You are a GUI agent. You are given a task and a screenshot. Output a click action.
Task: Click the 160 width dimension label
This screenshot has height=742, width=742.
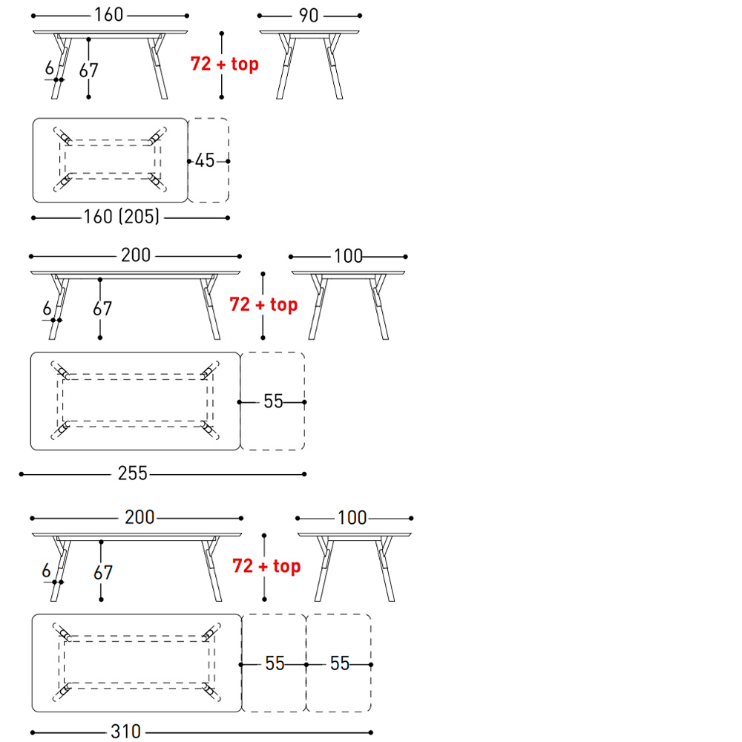coord(109,15)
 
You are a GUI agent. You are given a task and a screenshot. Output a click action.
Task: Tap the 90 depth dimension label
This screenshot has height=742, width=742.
coord(309,16)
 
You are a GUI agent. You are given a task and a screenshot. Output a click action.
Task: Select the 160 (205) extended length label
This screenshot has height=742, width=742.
coord(122,217)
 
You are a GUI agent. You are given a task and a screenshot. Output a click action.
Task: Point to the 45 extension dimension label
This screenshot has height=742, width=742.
coord(205,160)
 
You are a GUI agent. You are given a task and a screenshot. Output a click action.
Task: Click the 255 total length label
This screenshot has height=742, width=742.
coord(133,473)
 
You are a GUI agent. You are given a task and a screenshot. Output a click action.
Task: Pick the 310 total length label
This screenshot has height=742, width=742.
coord(126,732)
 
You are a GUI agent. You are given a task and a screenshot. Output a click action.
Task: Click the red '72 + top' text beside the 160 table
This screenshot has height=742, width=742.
coord(225,64)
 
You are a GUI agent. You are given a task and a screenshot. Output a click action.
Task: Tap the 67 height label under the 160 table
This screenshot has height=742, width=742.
coord(88,70)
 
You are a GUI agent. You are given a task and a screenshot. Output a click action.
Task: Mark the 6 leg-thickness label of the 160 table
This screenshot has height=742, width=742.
coord(49,68)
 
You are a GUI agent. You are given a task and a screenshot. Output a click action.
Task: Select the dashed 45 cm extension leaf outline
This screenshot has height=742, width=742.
coord(229,160)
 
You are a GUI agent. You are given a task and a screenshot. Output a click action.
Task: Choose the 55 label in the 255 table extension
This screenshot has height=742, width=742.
coord(273,401)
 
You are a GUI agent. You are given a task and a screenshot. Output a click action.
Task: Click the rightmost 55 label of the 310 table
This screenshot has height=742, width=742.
coord(340,663)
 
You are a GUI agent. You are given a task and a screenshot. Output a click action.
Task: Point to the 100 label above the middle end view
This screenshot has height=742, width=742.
coord(348,256)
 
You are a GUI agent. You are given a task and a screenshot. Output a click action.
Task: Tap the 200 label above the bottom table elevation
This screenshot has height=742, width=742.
coord(139,517)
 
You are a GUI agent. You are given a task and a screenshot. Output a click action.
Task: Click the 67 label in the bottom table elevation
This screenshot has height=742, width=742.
coord(102,573)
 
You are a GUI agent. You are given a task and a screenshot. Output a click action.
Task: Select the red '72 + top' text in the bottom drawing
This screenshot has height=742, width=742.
coord(266,566)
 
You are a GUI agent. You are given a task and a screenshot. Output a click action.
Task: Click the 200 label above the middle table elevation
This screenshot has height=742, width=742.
coord(136,255)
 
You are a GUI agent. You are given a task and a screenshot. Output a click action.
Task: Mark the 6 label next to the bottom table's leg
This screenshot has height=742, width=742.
coord(46,570)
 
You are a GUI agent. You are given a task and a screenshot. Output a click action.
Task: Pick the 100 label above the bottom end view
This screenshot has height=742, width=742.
coord(352,518)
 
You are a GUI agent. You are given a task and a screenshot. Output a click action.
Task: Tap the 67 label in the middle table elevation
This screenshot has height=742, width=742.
coord(102,309)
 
